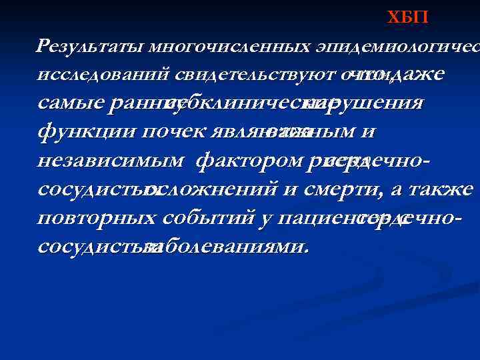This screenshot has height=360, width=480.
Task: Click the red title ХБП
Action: (x=408, y=18)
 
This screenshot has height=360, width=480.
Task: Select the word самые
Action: (x=71, y=104)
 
